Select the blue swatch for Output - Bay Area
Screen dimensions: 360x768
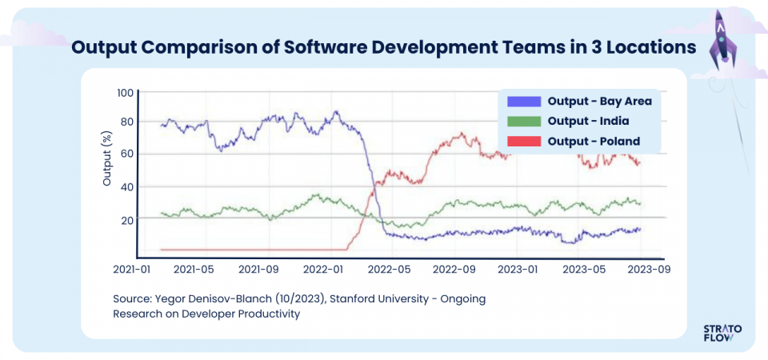[x=524, y=101]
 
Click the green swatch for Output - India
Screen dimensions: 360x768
[x=524, y=121]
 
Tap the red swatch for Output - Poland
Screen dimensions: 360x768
[x=524, y=141]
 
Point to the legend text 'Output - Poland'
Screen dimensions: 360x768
[x=594, y=141]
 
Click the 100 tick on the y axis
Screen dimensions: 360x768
[x=125, y=93]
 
